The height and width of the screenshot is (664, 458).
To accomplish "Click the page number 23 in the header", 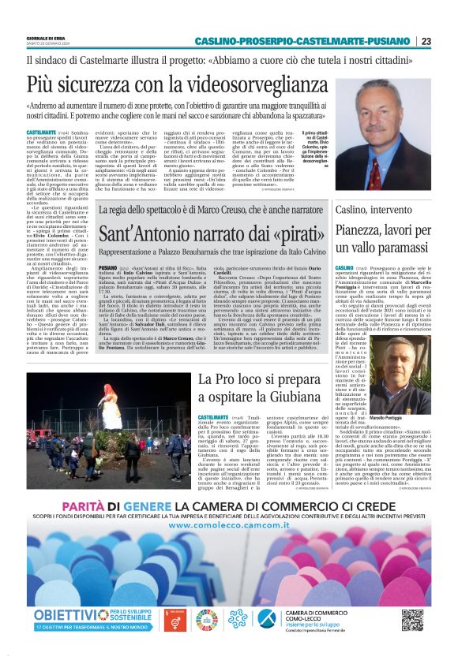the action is click(426, 41).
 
